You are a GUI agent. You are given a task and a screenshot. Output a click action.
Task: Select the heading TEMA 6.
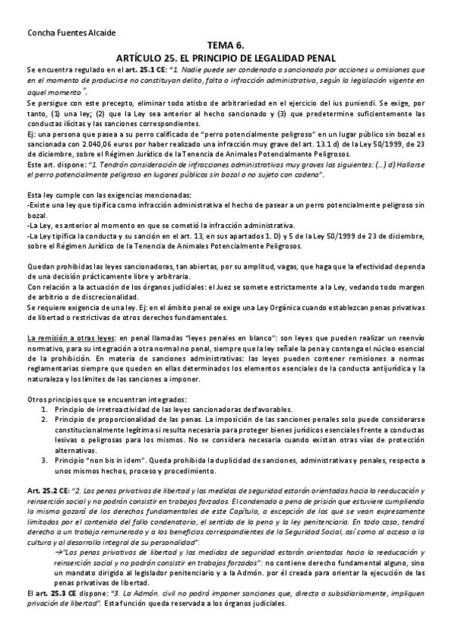226,45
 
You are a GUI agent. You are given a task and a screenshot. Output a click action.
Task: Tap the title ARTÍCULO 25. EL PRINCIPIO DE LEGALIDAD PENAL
226,57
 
